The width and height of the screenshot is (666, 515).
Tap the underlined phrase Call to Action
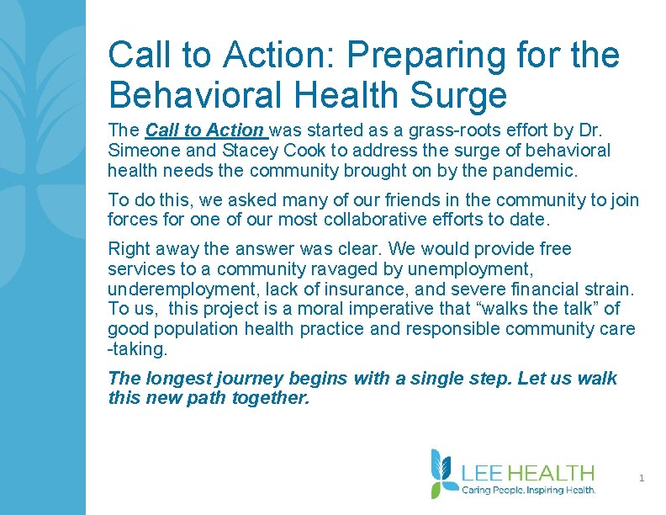pos(204,130)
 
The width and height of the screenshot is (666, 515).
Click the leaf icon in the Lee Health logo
pos(443,473)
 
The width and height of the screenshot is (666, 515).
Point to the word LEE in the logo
pos(482,473)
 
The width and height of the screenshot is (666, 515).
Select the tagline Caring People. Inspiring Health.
pos(529,490)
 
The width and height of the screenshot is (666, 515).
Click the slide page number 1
pos(642,479)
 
